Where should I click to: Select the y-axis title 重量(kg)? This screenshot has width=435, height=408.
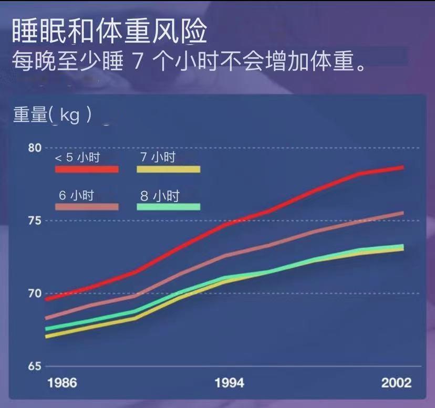click(x=53, y=115)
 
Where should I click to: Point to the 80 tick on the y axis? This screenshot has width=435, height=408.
click(x=35, y=148)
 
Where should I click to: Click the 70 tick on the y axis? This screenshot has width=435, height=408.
click(x=35, y=294)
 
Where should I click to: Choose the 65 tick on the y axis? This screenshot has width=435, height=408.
click(x=35, y=367)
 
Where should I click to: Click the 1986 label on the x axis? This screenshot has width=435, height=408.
click(x=62, y=382)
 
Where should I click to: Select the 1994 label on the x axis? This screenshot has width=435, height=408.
click(x=230, y=382)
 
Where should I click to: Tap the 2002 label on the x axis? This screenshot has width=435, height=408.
click(x=396, y=382)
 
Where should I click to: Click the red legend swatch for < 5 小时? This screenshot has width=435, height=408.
click(x=87, y=170)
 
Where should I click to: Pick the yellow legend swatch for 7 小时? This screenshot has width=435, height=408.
click(x=169, y=170)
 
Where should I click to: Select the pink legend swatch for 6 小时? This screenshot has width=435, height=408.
click(x=87, y=207)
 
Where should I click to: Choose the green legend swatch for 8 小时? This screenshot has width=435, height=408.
click(x=169, y=207)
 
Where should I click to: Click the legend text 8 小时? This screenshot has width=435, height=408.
click(x=160, y=196)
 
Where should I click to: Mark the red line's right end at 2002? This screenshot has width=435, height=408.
click(x=402, y=168)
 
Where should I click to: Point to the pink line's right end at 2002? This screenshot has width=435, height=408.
click(x=402, y=213)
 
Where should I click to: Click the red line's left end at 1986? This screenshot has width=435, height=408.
click(x=47, y=299)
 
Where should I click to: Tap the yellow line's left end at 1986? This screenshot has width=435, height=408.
click(x=47, y=336)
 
